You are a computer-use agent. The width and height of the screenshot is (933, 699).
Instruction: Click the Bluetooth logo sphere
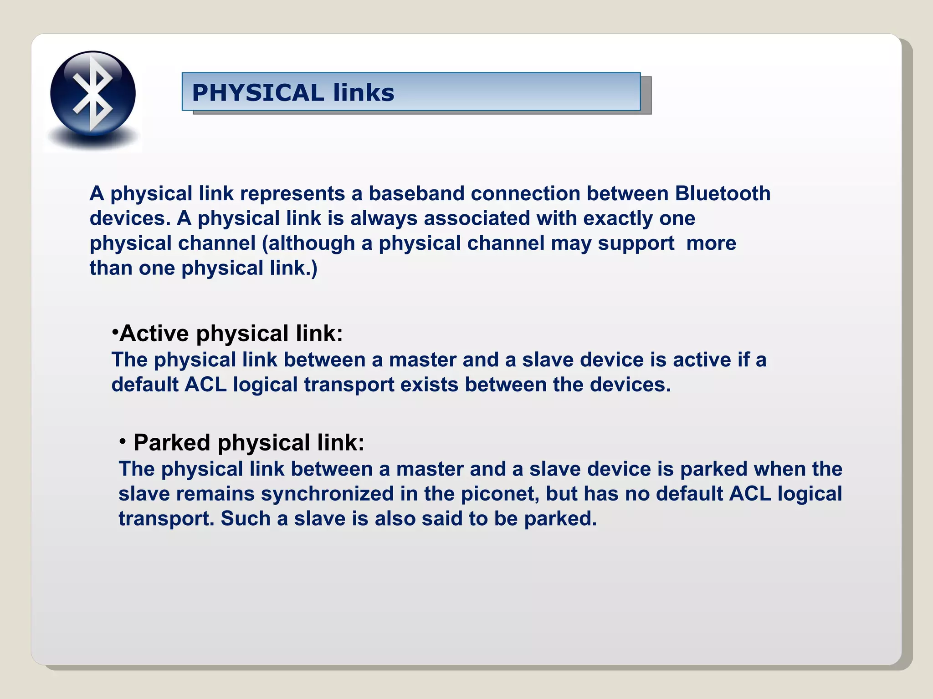[x=93, y=94]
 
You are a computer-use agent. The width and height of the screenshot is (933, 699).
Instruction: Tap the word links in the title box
[x=364, y=93]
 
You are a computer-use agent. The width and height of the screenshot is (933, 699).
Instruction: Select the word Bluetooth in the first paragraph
[x=723, y=194]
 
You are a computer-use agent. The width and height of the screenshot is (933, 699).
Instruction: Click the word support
[x=636, y=243]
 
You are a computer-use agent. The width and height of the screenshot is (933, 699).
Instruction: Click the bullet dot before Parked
[x=123, y=441]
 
